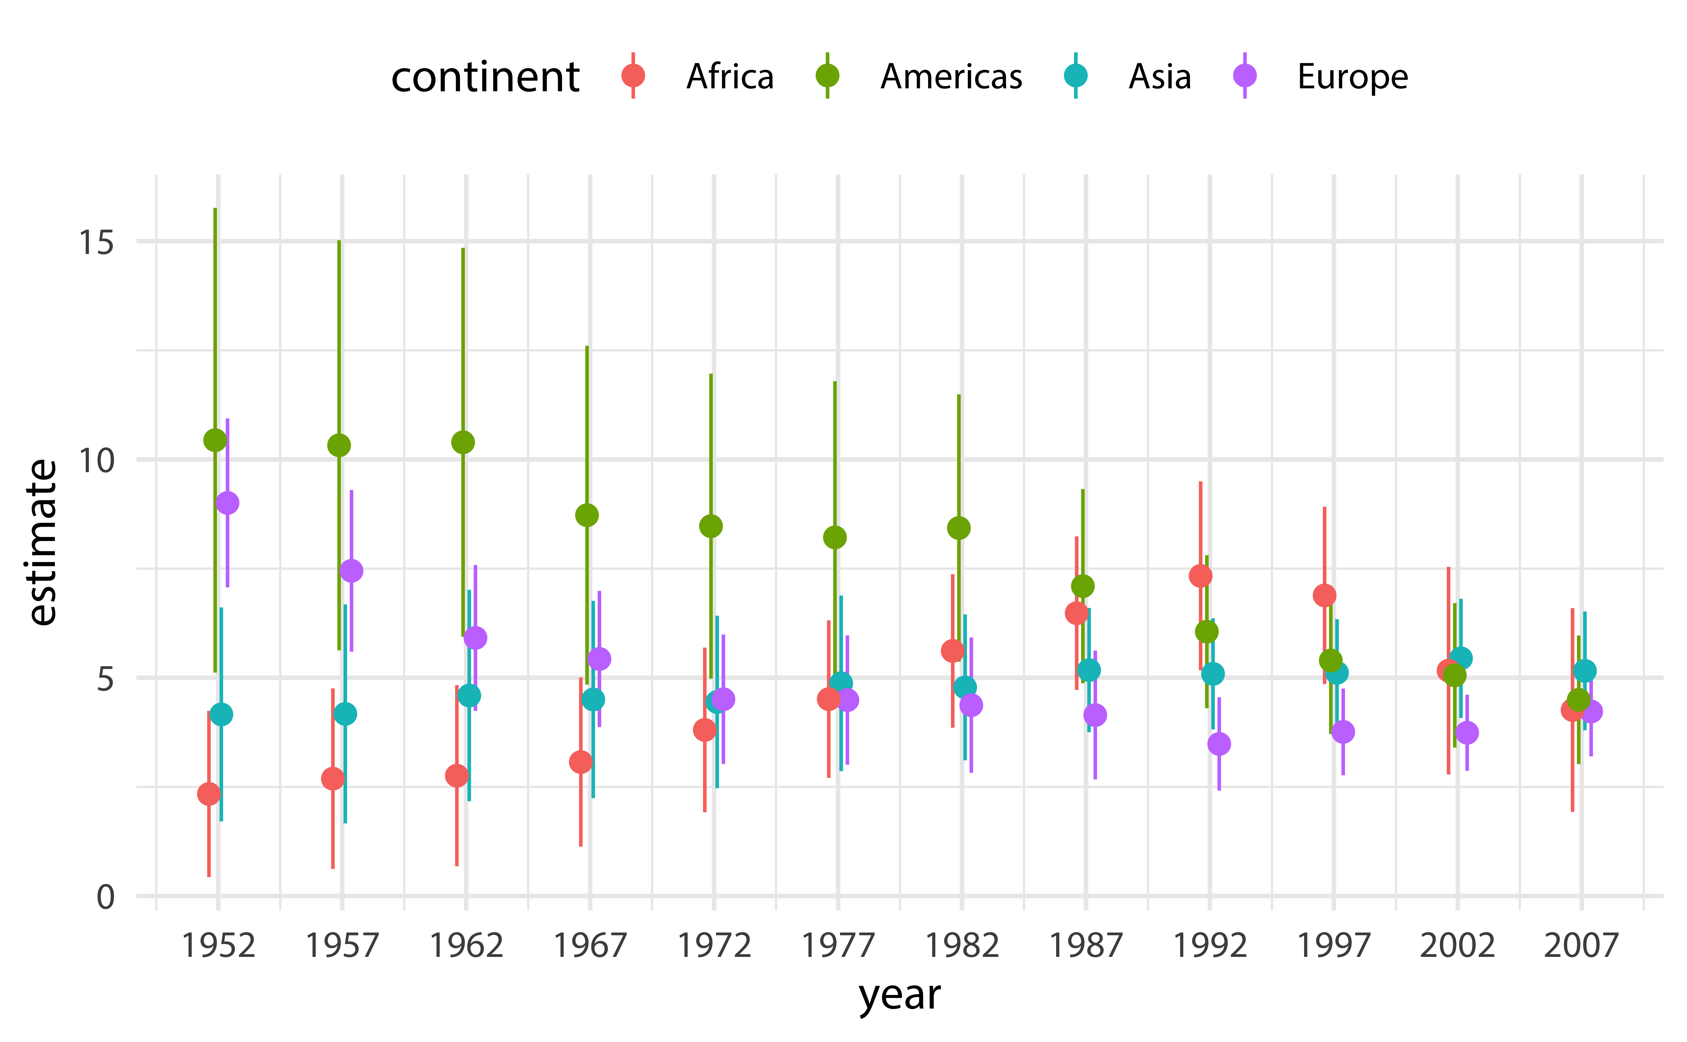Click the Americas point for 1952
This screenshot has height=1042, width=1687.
click(215, 440)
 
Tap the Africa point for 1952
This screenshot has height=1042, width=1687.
click(209, 794)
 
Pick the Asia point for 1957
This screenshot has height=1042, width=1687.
click(345, 714)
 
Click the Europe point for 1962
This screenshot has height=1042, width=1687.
click(475, 638)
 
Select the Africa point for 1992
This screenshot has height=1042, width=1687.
click(1200, 576)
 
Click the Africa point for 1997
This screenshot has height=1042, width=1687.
click(1324, 596)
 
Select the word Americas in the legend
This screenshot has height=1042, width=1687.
click(951, 77)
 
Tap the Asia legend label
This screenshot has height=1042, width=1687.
click(1159, 77)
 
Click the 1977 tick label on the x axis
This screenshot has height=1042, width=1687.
click(838, 946)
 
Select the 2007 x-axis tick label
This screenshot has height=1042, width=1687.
click(1581, 946)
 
